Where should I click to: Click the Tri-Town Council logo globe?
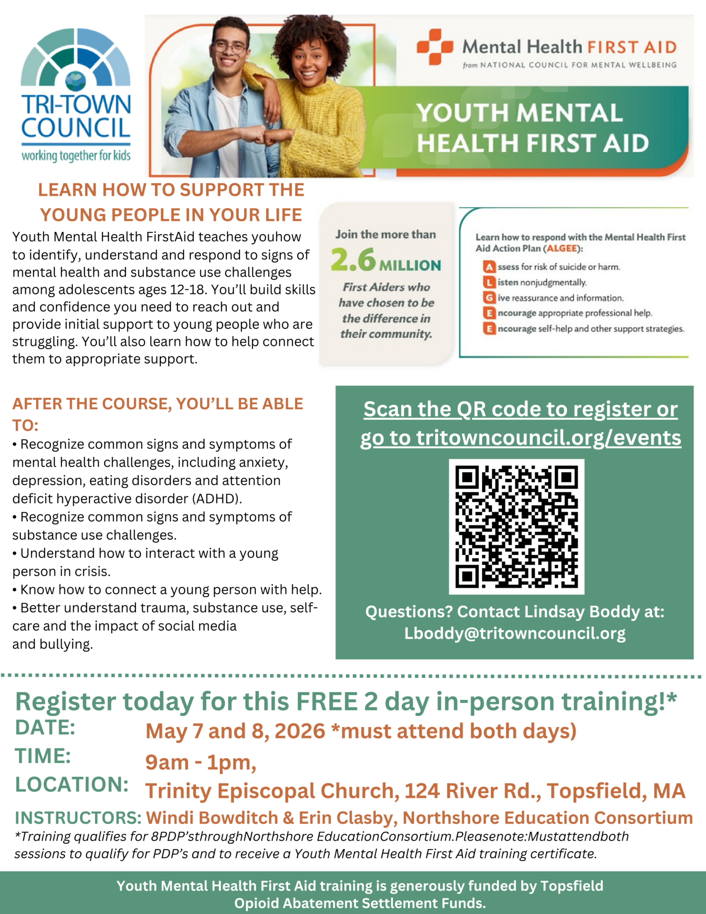click(x=75, y=81)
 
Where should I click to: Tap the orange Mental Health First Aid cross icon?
click(x=434, y=47)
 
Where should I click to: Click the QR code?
click(x=516, y=527)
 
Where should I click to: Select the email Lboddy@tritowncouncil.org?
click(x=515, y=634)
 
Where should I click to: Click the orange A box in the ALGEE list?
click(x=489, y=267)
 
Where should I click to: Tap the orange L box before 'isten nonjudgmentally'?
click(x=489, y=283)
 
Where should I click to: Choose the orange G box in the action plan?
click(x=489, y=298)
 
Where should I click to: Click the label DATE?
click(x=45, y=728)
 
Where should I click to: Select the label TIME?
click(x=43, y=756)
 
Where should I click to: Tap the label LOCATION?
click(x=72, y=785)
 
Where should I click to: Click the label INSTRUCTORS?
click(x=78, y=818)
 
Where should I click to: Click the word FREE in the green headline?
click(x=326, y=702)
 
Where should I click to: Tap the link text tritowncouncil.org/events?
click(x=549, y=438)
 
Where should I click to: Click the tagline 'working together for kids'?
click(x=76, y=156)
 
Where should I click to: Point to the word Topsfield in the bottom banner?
click(x=571, y=886)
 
